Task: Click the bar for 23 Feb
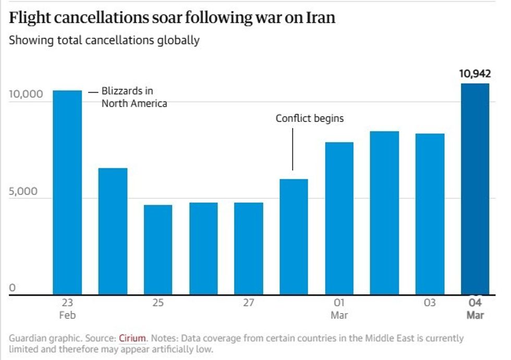(67, 193)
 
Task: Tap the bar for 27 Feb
(248, 249)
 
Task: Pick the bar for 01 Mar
(339, 219)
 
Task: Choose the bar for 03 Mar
(430, 215)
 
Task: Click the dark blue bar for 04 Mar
(475, 190)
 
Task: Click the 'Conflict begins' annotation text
(310, 118)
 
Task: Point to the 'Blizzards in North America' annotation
(134, 97)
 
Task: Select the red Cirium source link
(132, 338)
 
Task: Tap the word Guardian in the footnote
(28, 338)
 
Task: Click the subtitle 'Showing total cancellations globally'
(104, 41)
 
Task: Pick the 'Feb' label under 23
(67, 315)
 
